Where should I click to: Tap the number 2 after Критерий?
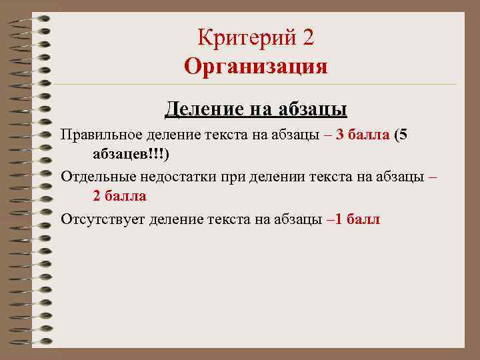[x=307, y=38]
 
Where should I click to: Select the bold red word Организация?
[x=256, y=67]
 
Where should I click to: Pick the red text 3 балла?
[x=363, y=135]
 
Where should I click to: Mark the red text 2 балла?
[x=120, y=196]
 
